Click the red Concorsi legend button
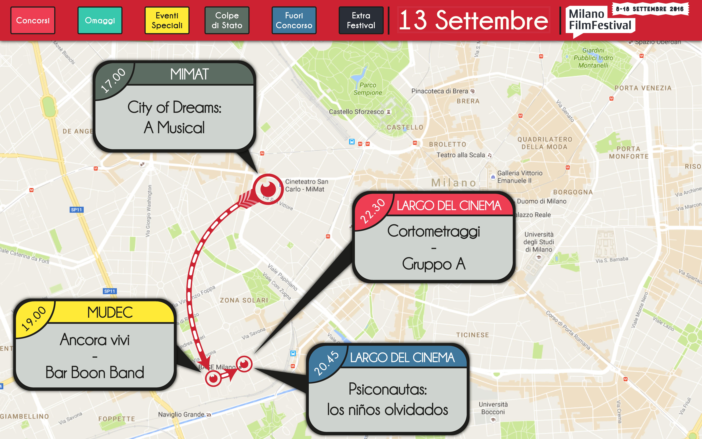[x=33, y=20]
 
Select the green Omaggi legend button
[x=100, y=20]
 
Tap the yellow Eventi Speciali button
[x=167, y=20]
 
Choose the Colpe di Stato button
[x=227, y=20]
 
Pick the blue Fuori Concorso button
[x=294, y=20]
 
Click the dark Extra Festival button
[x=361, y=20]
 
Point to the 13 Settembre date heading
[x=473, y=20]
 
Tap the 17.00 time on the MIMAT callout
[x=113, y=80]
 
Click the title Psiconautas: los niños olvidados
[x=388, y=399]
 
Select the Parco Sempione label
[x=368, y=89]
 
